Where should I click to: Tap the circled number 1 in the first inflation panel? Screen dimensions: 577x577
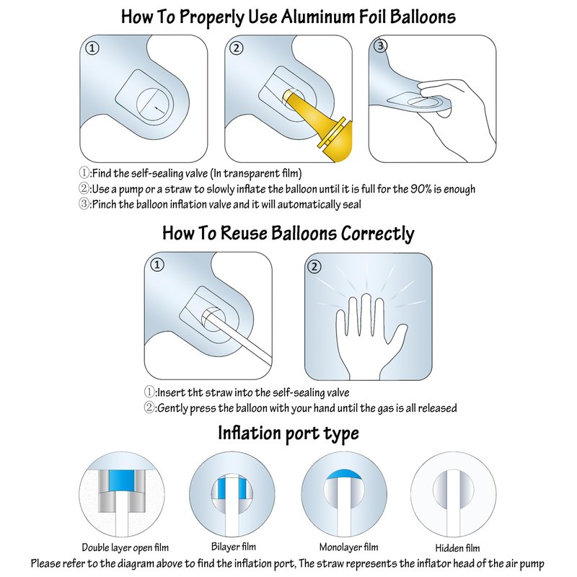coord(92,48)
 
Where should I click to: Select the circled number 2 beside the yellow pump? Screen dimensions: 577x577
coord(237,48)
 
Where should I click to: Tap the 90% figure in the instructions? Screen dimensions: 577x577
coord(420,189)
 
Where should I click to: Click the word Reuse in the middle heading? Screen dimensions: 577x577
coord(244,233)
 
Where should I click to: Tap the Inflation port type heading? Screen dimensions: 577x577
coord(288,433)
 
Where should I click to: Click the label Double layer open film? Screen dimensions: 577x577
coord(125,547)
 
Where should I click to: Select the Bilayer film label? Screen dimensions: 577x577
coord(234,547)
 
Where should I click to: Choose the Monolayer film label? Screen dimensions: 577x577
coord(349,547)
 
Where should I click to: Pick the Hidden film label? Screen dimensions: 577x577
coord(457,548)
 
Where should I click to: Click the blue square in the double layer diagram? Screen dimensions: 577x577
coord(121,480)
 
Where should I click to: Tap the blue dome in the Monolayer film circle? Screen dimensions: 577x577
coord(344,474)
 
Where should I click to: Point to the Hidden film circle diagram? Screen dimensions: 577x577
coord(454,495)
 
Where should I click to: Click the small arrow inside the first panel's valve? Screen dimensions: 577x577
coord(159,110)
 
